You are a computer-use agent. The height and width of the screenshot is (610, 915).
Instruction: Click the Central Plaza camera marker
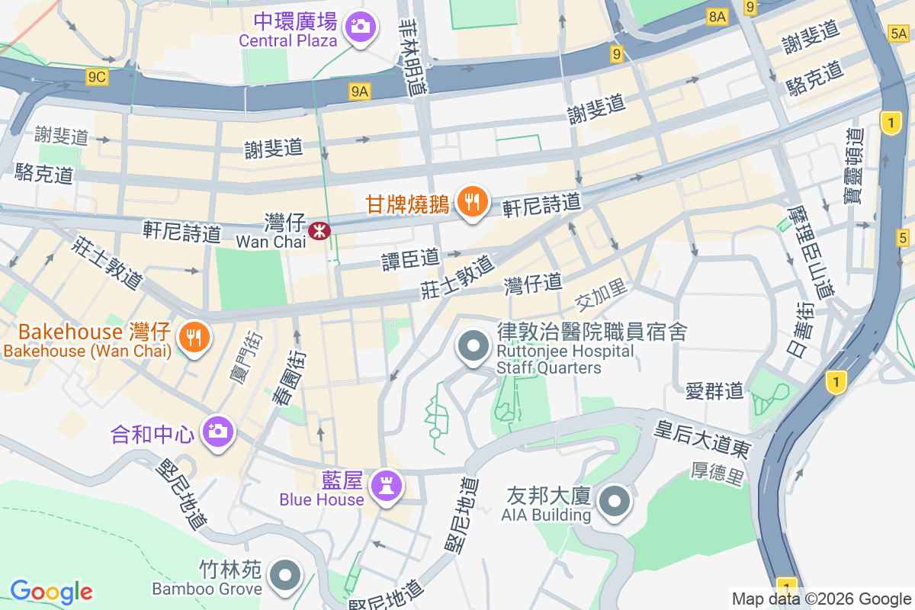pyautogui.click(x=360, y=27)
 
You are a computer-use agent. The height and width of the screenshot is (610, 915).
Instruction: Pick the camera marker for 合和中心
pyautogui.click(x=218, y=432)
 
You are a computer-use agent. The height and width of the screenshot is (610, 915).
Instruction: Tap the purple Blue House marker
pyautogui.click(x=385, y=486)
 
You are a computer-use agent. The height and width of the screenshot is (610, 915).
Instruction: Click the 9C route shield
pyautogui.click(x=97, y=76)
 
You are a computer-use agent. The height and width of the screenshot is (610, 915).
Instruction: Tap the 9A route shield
pyautogui.click(x=360, y=92)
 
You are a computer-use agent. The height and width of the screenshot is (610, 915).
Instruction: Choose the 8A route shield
pyautogui.click(x=717, y=16)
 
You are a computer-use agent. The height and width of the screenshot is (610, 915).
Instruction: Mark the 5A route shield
pyautogui.click(x=898, y=33)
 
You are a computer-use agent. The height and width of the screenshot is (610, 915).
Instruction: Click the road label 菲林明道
pyautogui.click(x=415, y=57)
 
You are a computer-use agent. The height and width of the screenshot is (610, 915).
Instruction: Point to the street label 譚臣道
pyautogui.click(x=411, y=259)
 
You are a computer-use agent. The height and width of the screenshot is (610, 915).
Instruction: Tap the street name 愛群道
pyautogui.click(x=714, y=392)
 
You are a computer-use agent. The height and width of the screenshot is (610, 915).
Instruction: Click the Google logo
pyautogui.click(x=51, y=591)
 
